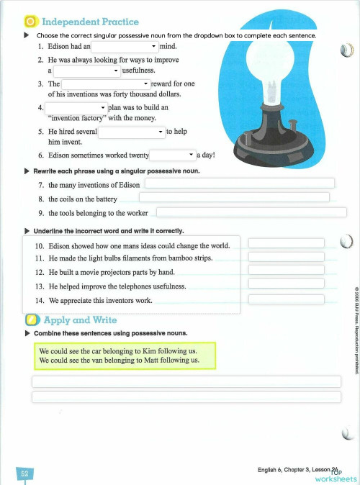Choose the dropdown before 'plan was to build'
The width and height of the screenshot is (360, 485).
[x=76, y=107]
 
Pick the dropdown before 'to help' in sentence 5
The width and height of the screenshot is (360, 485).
[x=131, y=132]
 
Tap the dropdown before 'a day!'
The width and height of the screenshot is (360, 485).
[x=172, y=155]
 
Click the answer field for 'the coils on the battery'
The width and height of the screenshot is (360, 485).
[x=234, y=198]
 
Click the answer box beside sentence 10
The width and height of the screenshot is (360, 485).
[x=287, y=242]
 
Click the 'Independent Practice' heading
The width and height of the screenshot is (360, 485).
[x=90, y=22]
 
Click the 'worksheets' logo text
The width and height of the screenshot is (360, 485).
[x=335, y=478]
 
